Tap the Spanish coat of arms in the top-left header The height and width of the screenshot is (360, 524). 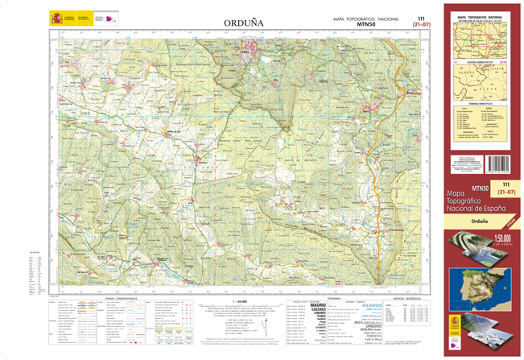(x=56, y=18)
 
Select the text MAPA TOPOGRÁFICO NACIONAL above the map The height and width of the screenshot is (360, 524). (x=365, y=19)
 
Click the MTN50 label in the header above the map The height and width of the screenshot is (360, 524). (x=365, y=25)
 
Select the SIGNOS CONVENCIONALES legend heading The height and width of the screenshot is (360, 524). (x=121, y=298)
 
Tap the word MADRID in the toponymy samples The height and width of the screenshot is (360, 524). (x=319, y=304)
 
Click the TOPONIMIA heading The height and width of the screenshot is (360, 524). (x=316, y=298)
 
